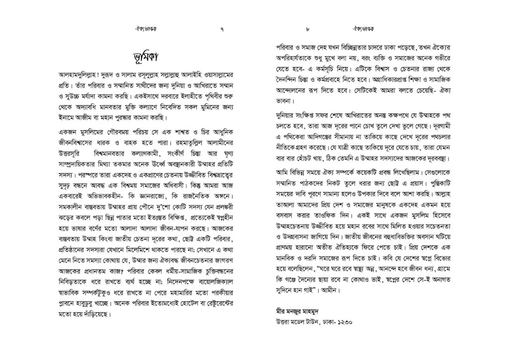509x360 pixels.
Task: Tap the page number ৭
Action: pyautogui.click(x=221, y=29)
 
